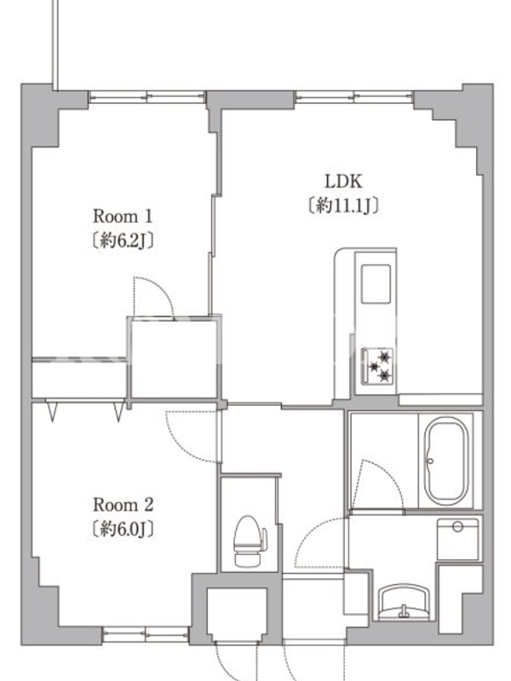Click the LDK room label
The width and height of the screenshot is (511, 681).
pos(343,181)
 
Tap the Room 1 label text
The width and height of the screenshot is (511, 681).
pos(123,216)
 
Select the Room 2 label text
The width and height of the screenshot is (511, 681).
pos(123,505)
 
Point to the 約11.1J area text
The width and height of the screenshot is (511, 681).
pos(343,205)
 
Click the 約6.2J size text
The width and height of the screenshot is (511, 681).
pos(123,240)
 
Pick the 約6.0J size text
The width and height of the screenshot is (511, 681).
pos(123,529)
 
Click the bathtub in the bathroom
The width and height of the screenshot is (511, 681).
pos(446,461)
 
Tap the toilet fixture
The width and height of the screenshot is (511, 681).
pos(250,541)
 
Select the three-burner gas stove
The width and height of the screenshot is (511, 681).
pos(377,366)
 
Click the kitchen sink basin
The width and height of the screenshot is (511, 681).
pos(376,283)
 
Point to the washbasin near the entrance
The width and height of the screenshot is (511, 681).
pos(404,602)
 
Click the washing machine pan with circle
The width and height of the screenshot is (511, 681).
pos(457,540)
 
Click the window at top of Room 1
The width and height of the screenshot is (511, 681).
pos(146,96)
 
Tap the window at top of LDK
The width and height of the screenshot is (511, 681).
pos(354,96)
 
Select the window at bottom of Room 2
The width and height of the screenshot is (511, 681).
pos(146,634)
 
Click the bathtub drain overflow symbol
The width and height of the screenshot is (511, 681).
pos(430,461)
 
